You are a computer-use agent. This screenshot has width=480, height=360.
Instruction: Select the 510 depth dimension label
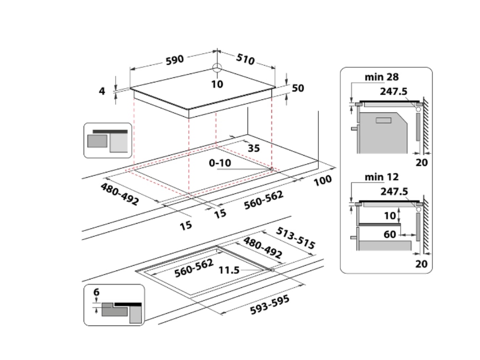[245, 60]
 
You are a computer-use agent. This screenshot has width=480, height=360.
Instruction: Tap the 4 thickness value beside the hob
[102, 91]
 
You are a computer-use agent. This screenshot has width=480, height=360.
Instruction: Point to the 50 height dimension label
[298, 89]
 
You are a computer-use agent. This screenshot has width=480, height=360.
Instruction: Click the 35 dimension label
[253, 149]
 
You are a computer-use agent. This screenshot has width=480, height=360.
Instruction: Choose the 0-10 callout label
[219, 163]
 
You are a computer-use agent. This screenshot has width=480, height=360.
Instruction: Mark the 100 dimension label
[322, 180]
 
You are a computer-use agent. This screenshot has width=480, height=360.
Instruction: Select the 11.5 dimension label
[229, 270]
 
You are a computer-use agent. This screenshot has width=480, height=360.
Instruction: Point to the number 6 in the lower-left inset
[96, 292]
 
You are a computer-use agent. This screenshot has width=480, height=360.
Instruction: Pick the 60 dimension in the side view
[390, 234]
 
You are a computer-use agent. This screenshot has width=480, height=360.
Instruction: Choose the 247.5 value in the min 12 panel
[394, 191]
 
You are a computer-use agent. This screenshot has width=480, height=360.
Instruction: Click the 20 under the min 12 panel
[422, 263]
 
